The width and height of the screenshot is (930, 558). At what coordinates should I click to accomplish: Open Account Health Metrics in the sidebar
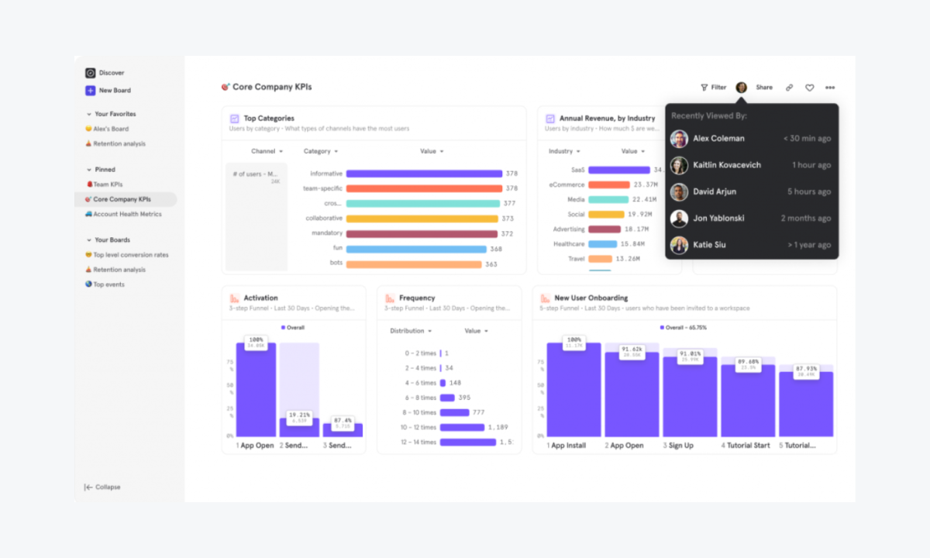tap(126, 214)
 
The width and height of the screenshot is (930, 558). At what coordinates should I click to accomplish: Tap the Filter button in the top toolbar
tap(714, 88)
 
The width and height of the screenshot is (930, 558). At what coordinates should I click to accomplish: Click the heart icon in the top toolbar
tap(809, 88)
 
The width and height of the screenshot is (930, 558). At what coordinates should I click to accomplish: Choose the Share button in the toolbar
tap(764, 88)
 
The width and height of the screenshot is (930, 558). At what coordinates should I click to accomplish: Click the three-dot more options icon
tap(830, 88)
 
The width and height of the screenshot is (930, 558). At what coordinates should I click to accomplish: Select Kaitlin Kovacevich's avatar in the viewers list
tap(679, 165)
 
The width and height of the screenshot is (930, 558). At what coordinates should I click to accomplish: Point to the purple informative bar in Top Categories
tap(424, 174)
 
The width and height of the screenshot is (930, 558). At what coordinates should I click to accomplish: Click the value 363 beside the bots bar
tap(491, 264)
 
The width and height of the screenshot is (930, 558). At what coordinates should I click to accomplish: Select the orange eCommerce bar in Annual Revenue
tap(608, 185)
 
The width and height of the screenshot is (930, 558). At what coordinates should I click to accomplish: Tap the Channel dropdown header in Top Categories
tap(267, 152)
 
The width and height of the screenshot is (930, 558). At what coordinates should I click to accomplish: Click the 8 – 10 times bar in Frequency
tap(453, 412)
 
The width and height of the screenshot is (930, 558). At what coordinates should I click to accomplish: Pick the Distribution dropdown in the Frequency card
tap(410, 331)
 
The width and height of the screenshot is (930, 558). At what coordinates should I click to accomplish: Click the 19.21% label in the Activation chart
tap(299, 416)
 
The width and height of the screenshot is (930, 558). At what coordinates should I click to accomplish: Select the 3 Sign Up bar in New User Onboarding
tap(690, 397)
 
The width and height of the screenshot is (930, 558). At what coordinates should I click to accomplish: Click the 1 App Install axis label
tap(567, 446)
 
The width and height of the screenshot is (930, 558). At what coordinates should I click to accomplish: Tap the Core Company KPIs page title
tap(271, 88)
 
